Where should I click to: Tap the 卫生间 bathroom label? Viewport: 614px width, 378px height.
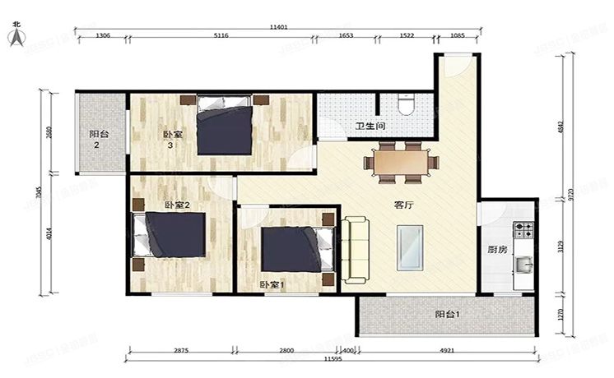pyautogui.click(x=370, y=127)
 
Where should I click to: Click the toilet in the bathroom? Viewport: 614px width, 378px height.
pyautogui.click(x=405, y=104)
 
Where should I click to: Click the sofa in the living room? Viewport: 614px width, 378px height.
pyautogui.click(x=357, y=250)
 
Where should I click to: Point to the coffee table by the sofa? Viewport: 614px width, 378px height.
pyautogui.click(x=410, y=249)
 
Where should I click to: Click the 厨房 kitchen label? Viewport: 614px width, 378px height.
pyautogui.click(x=495, y=251)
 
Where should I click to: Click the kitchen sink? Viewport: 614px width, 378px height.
pyautogui.click(x=523, y=265)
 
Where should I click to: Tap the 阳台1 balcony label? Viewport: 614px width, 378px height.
pyautogui.click(x=447, y=315)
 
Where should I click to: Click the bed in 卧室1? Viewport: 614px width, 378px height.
pyautogui.click(x=289, y=249)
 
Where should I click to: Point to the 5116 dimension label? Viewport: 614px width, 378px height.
pyautogui.click(x=221, y=37)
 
